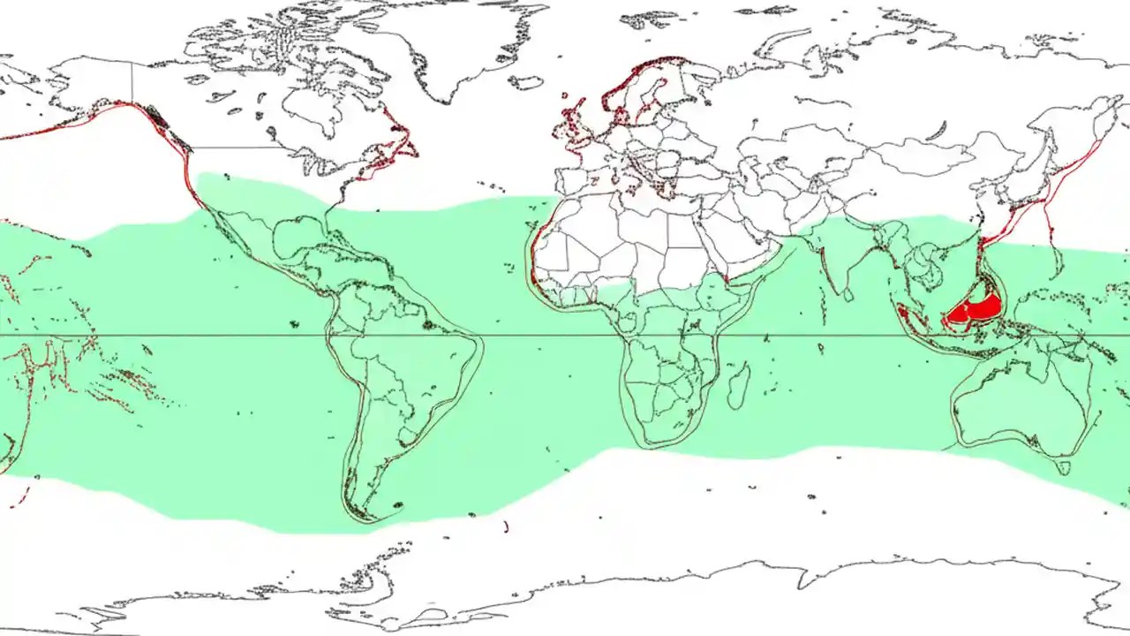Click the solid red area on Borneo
point(976,310)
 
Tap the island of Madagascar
point(738,388)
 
